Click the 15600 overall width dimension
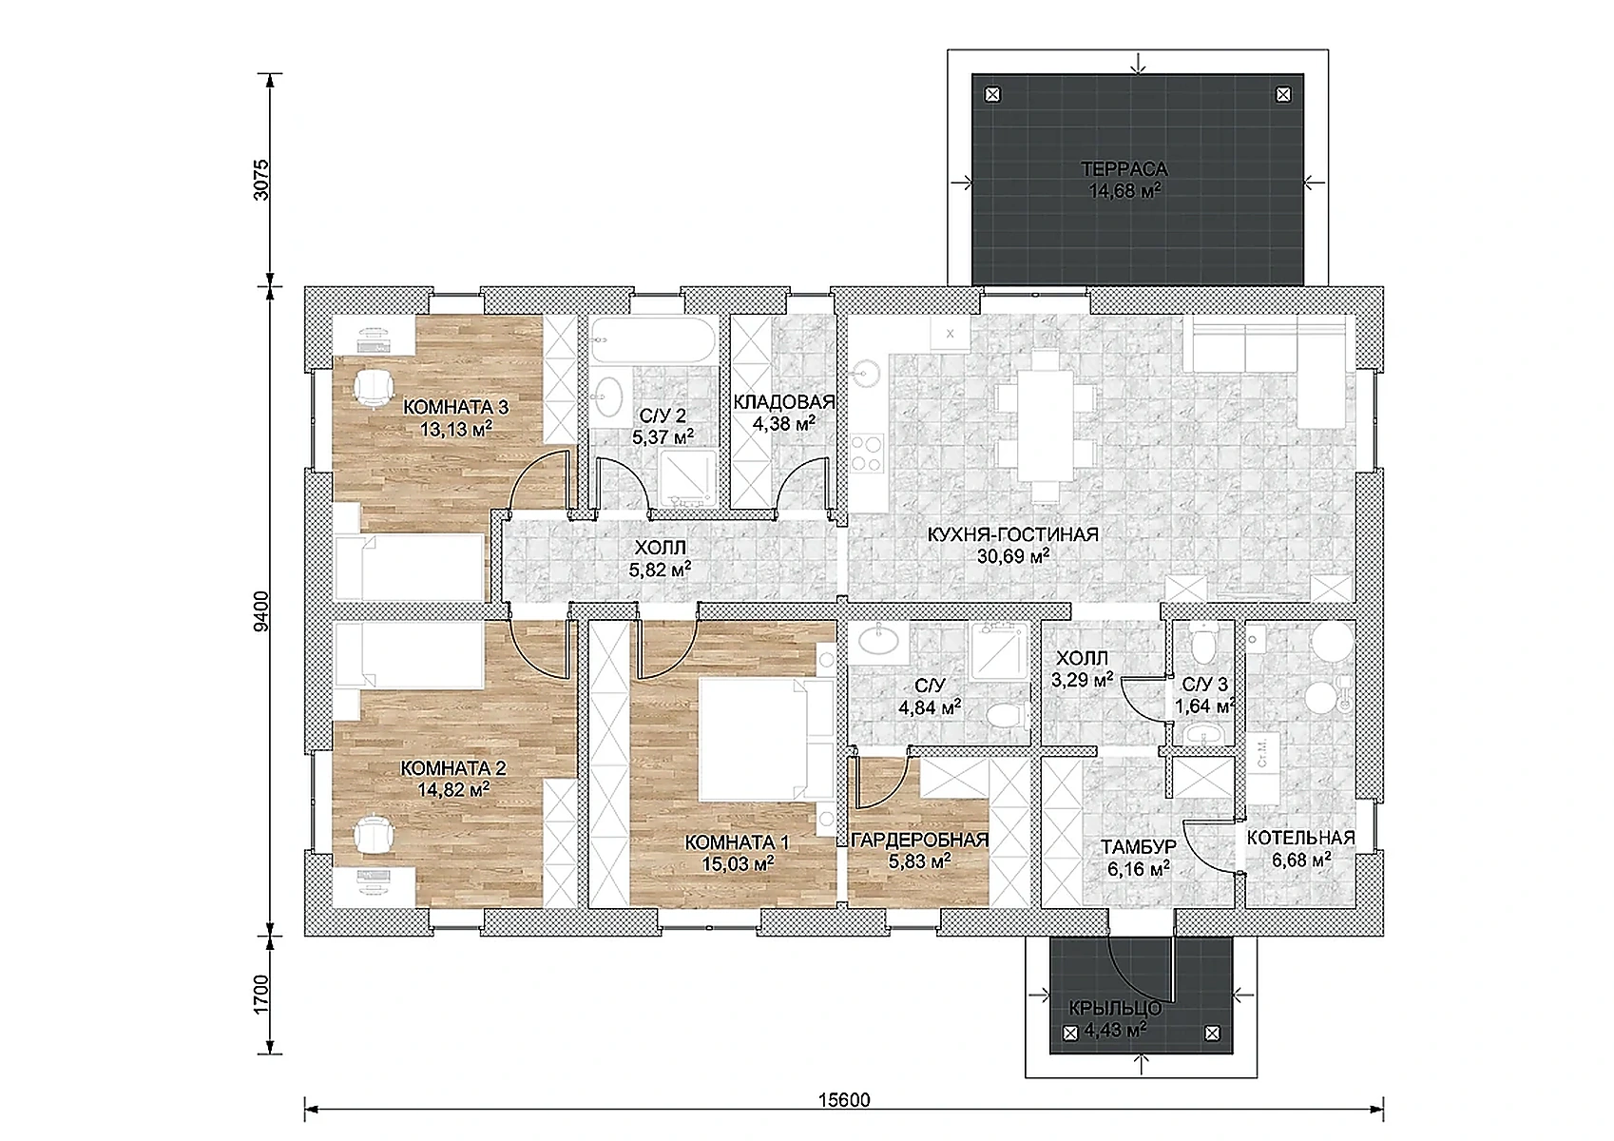(x=844, y=1100)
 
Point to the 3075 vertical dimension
(x=260, y=180)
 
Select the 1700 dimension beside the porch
(x=260, y=994)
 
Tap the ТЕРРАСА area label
(x=1124, y=168)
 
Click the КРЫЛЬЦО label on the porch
(x=1115, y=1009)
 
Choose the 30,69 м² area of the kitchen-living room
(x=1012, y=555)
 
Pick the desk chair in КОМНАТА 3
(x=373, y=387)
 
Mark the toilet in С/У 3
(x=1204, y=642)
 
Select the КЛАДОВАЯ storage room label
(x=784, y=401)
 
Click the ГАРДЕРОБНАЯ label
(x=919, y=840)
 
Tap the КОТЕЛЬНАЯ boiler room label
(x=1300, y=838)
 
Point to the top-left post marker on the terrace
(x=993, y=94)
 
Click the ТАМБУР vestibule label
(x=1139, y=847)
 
